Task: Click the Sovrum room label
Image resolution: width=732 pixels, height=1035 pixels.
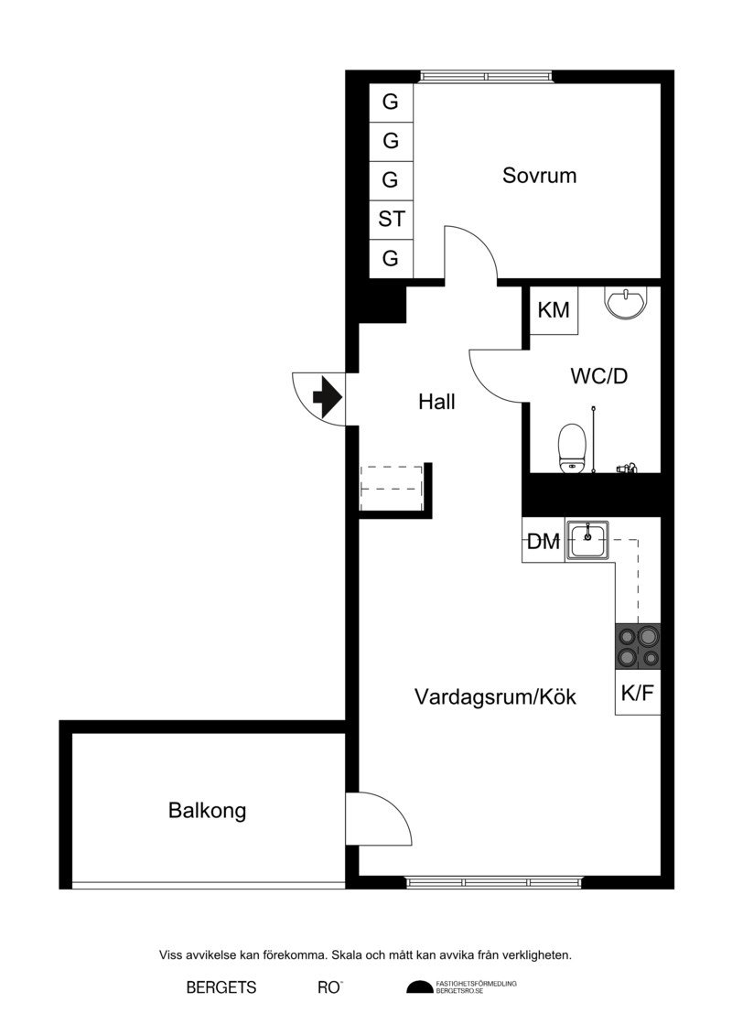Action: coord(539,176)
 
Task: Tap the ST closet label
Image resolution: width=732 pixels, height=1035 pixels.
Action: coord(391,219)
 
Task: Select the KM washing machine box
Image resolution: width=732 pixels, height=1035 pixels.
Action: coord(554,309)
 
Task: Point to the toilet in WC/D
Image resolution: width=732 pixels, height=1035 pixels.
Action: coord(572,448)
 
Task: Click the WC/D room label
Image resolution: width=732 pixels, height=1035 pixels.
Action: coord(598,376)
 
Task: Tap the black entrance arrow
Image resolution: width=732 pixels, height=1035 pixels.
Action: coord(327,398)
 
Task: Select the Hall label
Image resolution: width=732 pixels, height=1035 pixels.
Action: coord(436,402)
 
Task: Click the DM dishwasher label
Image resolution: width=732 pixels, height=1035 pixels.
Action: coord(544,542)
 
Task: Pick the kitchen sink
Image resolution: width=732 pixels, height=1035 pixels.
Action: coord(587,540)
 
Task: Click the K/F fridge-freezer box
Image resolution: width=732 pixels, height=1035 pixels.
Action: coord(638,692)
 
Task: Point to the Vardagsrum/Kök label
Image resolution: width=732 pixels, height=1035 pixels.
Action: coord(495,697)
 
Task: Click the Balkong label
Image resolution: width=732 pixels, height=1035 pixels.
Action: coord(208,811)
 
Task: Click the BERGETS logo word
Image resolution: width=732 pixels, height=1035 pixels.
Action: coord(221,987)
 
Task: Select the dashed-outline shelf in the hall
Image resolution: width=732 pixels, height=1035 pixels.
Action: coord(392,488)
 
